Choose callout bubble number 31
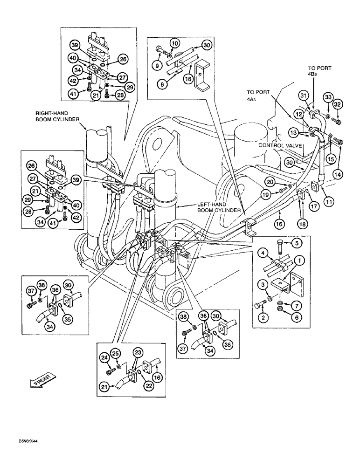point(305,96)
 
